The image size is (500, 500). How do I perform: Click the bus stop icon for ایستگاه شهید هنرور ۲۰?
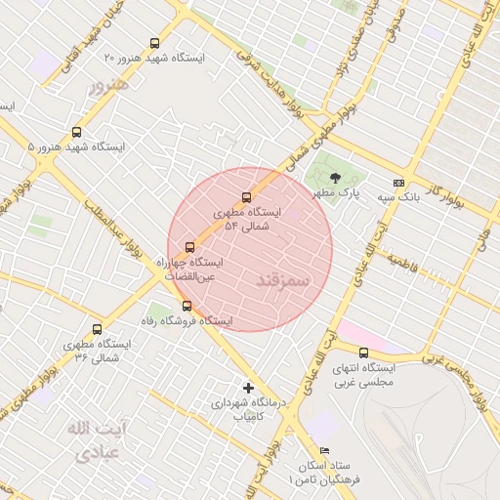coord(154,43)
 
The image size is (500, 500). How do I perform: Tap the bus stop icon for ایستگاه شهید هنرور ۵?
coord(77,132)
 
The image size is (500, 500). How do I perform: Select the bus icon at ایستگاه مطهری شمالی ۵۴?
coord(246,196)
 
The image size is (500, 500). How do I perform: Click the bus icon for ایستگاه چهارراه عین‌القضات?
coord(189,247)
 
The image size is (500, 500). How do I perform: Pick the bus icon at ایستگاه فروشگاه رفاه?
coord(187,306)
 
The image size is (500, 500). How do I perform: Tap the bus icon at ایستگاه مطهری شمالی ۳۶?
coord(96,329)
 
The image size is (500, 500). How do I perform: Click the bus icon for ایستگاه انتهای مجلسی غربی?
coord(364,353)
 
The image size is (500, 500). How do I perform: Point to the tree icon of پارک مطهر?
coord(336,178)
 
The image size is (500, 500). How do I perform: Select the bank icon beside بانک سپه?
coord(398,182)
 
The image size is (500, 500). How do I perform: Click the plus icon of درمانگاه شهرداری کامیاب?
coord(248,388)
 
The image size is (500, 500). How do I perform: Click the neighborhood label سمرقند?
coord(281,280)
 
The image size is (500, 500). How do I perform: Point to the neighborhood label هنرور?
coord(108,86)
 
